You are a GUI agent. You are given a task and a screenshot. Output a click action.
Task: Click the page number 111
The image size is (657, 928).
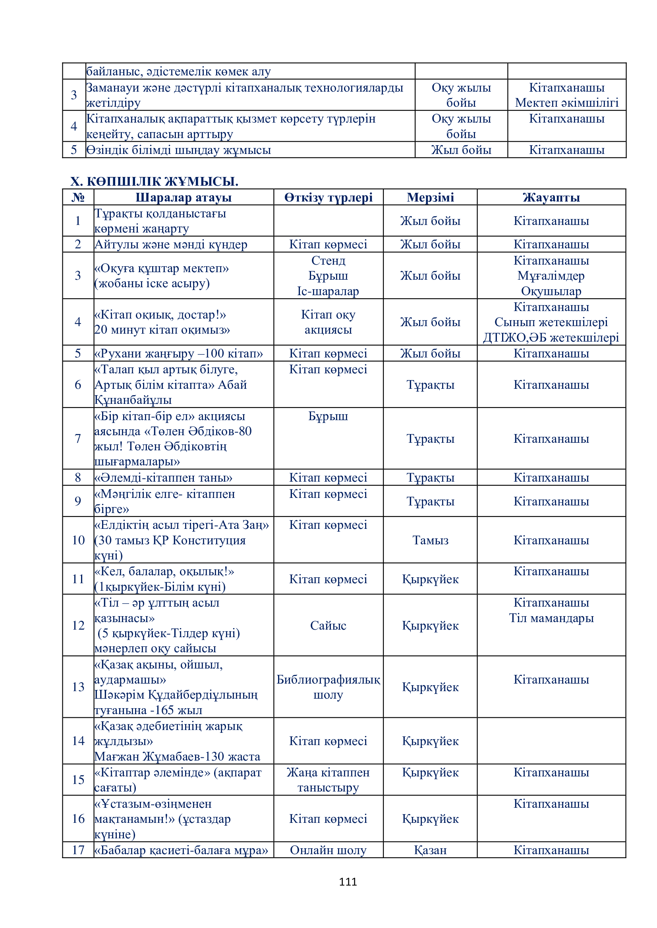click(348, 882)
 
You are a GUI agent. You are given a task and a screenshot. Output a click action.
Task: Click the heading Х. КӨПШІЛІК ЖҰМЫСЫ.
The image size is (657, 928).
click(154, 181)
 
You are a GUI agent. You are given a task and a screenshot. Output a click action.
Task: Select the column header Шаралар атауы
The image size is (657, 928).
click(183, 197)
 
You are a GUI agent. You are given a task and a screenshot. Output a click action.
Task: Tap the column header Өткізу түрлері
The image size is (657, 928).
click(328, 197)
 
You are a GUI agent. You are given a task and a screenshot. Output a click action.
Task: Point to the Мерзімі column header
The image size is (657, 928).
click(430, 197)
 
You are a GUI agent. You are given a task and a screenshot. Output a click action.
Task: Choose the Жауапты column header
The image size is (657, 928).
click(551, 197)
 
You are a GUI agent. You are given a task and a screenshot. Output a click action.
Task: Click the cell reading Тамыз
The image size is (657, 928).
click(430, 540)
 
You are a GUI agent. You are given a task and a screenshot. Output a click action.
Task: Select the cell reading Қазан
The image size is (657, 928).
click(430, 850)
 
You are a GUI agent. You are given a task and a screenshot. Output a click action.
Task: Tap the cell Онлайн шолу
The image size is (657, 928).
click(328, 850)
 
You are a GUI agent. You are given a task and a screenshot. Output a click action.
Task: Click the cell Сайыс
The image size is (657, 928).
click(328, 625)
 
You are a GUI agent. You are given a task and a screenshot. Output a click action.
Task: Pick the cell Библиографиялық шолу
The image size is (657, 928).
click(328, 687)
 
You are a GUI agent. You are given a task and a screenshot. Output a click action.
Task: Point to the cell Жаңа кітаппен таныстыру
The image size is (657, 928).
click(328, 780)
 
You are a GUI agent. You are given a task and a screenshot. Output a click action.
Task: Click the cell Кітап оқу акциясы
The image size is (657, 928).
click(328, 322)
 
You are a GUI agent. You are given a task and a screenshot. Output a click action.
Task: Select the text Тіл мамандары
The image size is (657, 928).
click(551, 618)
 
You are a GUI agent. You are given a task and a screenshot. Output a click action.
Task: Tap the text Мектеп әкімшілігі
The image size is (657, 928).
click(566, 103)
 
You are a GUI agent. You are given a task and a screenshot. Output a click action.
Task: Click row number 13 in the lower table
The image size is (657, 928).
click(78, 687)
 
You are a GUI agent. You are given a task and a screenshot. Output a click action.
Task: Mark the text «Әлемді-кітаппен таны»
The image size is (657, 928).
click(163, 477)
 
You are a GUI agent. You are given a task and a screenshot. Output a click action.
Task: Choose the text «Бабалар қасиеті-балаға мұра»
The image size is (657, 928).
click(181, 850)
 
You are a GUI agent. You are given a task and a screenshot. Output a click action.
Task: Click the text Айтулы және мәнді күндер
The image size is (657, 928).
click(171, 244)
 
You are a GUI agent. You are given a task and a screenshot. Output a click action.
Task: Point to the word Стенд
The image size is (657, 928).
click(328, 261)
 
